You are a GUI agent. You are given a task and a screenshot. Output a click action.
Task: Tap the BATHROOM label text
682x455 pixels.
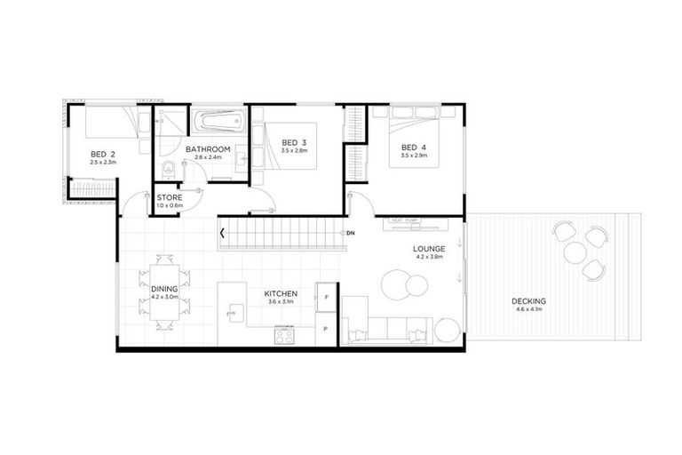pos(208,148)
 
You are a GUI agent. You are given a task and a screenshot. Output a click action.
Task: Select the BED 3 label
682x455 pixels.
pos(294,142)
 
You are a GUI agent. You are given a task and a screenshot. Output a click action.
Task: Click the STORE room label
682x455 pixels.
pos(170,197)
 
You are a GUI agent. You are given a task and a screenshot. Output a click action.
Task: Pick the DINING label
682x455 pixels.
pos(164,289)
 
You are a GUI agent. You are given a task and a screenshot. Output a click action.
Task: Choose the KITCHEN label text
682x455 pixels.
pos(280,293)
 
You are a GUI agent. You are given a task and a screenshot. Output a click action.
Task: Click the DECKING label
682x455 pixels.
pos(528,300)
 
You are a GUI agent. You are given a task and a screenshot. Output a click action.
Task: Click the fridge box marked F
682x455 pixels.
pos(327,296)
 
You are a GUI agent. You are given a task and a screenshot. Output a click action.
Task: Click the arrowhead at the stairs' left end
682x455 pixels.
pos(222,234)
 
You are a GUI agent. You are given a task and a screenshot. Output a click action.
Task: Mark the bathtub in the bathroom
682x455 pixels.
pos(218,120)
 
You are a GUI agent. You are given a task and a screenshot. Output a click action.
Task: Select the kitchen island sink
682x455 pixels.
pos(234,311)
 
